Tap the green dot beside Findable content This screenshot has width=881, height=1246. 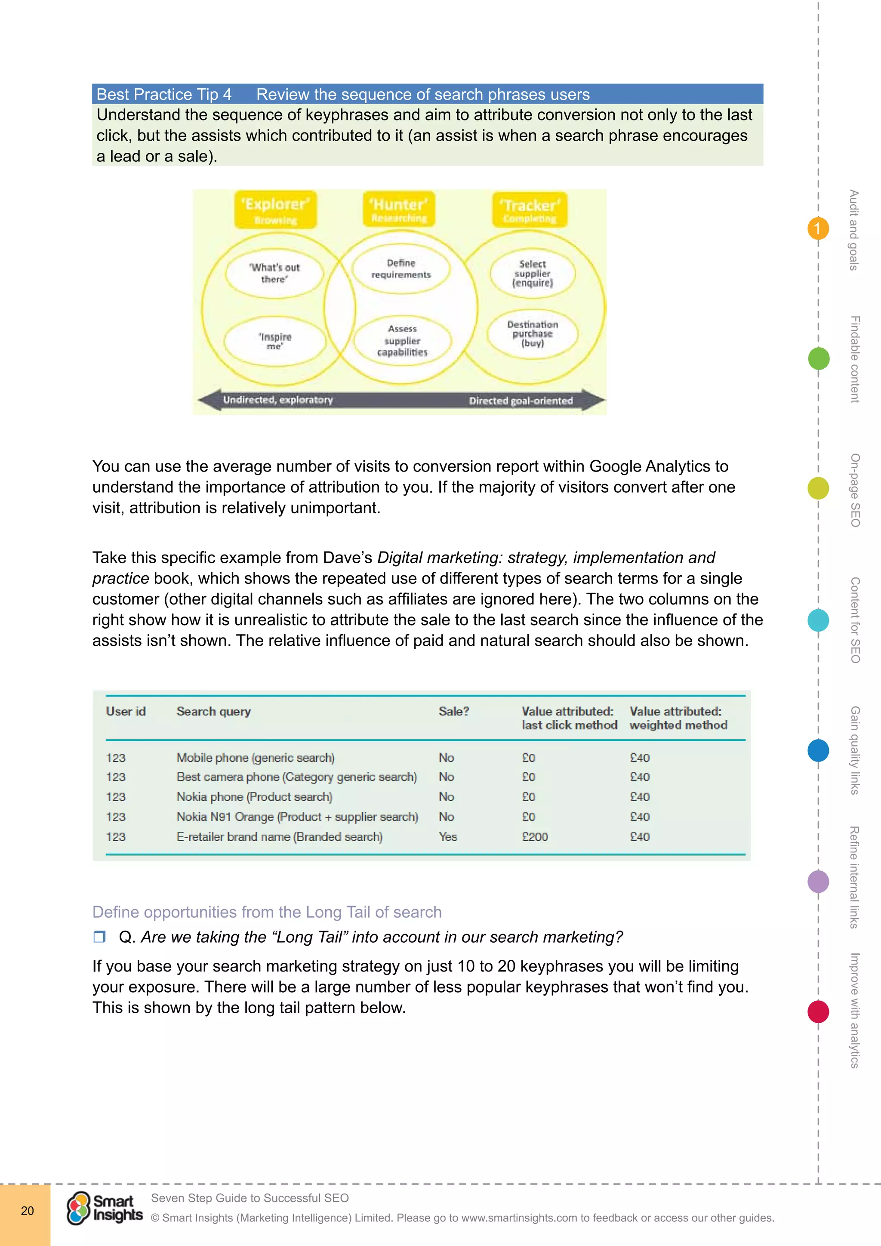(818, 359)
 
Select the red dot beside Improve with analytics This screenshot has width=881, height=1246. (818, 1012)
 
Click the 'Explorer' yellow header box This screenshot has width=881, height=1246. (276, 210)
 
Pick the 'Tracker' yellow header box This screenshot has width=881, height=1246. (530, 210)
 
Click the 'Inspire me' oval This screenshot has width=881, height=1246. (274, 341)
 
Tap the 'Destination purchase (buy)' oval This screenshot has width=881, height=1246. (532, 334)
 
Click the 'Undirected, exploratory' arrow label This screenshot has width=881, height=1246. (278, 400)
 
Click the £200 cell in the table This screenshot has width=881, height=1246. (535, 837)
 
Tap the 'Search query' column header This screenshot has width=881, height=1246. (214, 712)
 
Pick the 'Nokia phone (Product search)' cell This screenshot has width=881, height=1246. (254, 797)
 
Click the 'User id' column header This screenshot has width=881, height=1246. (126, 712)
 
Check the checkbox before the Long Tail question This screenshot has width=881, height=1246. (99, 937)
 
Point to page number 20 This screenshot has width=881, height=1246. (27, 1211)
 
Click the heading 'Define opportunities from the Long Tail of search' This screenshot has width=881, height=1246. (267, 912)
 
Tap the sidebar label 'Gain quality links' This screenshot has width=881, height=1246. (855, 750)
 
